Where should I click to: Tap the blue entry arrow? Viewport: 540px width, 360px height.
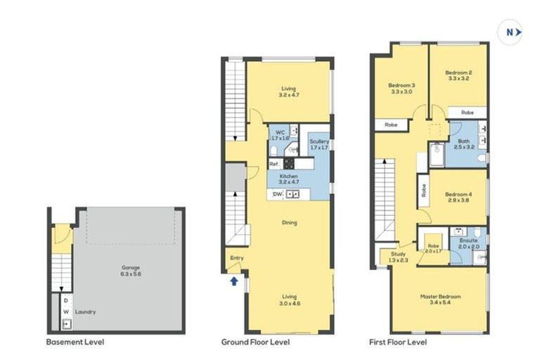[x=233, y=282]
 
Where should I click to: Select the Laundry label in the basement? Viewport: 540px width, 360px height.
[x=86, y=311]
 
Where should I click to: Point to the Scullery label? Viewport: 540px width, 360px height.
[x=319, y=145]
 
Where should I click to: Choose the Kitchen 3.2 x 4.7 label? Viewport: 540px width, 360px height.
[x=289, y=178]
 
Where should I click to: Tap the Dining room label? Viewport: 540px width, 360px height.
[x=289, y=223]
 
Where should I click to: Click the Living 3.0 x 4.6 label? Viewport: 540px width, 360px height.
[x=289, y=300]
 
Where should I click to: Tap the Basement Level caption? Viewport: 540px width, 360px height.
[x=75, y=342]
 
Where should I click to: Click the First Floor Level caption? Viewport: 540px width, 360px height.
[x=398, y=342]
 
